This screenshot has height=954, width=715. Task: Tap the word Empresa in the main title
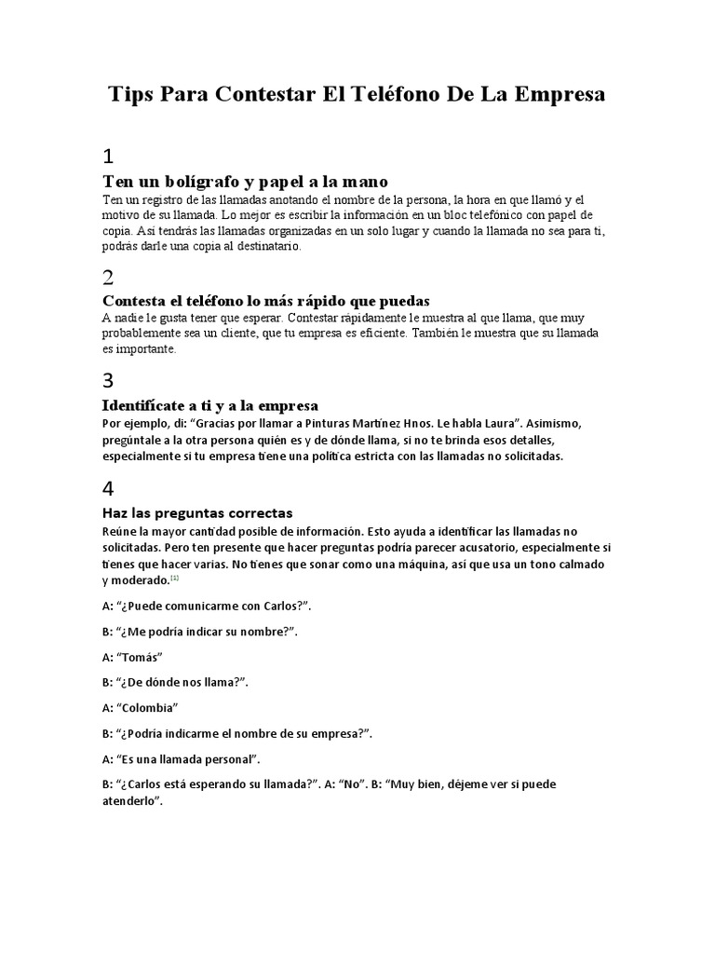pos(553,95)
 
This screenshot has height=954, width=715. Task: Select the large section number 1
pos(108,155)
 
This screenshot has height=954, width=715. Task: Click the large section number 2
pos(108,277)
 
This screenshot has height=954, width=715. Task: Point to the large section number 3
pos(108,380)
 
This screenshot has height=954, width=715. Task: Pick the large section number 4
pos(108,487)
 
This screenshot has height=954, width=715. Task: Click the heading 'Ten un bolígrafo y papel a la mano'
pos(244,180)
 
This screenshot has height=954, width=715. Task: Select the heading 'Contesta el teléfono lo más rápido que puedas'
pos(265,300)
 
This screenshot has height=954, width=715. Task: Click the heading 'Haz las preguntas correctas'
pos(197,512)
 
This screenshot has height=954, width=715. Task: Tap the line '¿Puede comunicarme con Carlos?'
pos(206,606)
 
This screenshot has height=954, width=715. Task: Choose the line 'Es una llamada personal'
pos(181,758)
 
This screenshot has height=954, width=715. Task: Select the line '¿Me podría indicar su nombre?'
pos(199,631)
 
